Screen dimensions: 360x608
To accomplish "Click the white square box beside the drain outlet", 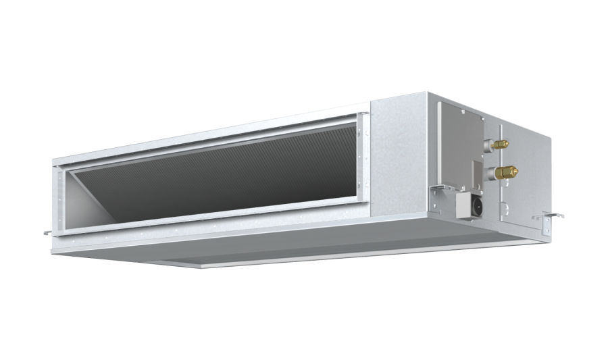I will pos(466,203).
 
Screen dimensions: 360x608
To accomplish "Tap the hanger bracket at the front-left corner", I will pos(49,232).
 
